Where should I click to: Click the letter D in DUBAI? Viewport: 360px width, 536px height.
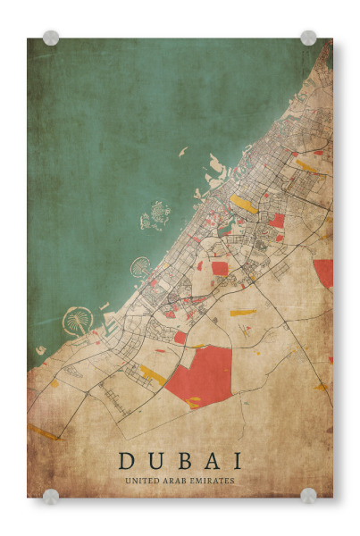click(x=127, y=461)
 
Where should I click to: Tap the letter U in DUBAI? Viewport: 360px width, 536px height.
click(x=153, y=461)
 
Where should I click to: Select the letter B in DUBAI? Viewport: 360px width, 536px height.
click(x=180, y=461)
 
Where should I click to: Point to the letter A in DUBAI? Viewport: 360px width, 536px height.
click(x=209, y=461)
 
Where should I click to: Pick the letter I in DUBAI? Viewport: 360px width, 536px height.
click(x=235, y=461)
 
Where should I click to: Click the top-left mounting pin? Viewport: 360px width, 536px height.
click(x=51, y=38)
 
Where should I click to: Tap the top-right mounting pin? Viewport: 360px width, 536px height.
click(x=308, y=38)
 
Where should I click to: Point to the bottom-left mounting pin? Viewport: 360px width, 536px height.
click(x=51, y=495)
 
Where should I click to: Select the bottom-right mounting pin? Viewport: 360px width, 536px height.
click(x=308, y=495)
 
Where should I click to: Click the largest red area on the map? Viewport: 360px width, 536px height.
click(x=200, y=375)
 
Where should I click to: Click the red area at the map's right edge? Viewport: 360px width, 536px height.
click(x=323, y=272)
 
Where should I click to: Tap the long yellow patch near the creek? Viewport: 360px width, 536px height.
click(x=243, y=205)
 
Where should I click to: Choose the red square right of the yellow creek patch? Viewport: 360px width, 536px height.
click(x=277, y=220)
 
